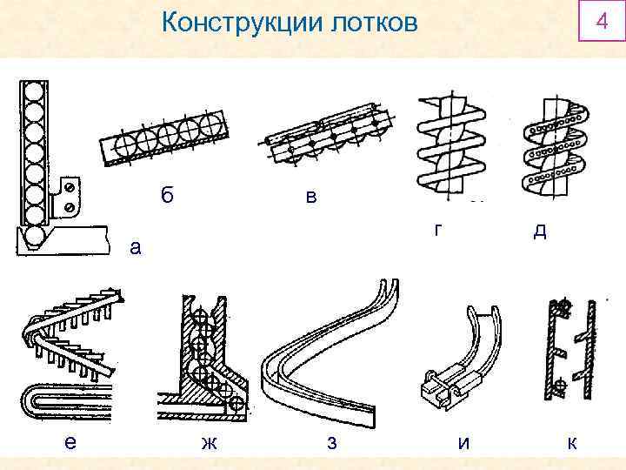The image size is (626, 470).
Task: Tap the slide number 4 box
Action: coord(598,20)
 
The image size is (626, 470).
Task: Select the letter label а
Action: coord(134,247)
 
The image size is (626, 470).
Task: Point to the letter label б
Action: coord(167,194)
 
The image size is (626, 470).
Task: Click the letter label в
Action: coord(310,198)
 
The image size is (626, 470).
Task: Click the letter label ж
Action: coord(209,442)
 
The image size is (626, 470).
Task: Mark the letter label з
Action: coord(330,442)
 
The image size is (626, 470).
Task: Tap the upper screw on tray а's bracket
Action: coord(69,186)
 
